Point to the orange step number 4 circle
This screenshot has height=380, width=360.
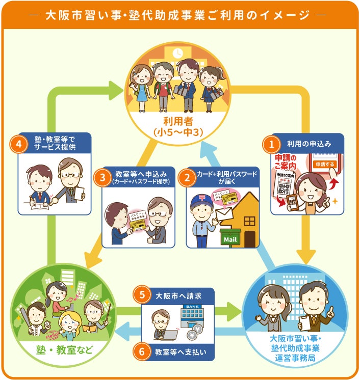pos(19,144)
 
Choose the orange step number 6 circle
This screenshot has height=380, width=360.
pos(142,351)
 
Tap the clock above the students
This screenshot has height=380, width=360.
pos(178,53)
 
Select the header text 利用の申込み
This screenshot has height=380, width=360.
pos(309,144)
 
